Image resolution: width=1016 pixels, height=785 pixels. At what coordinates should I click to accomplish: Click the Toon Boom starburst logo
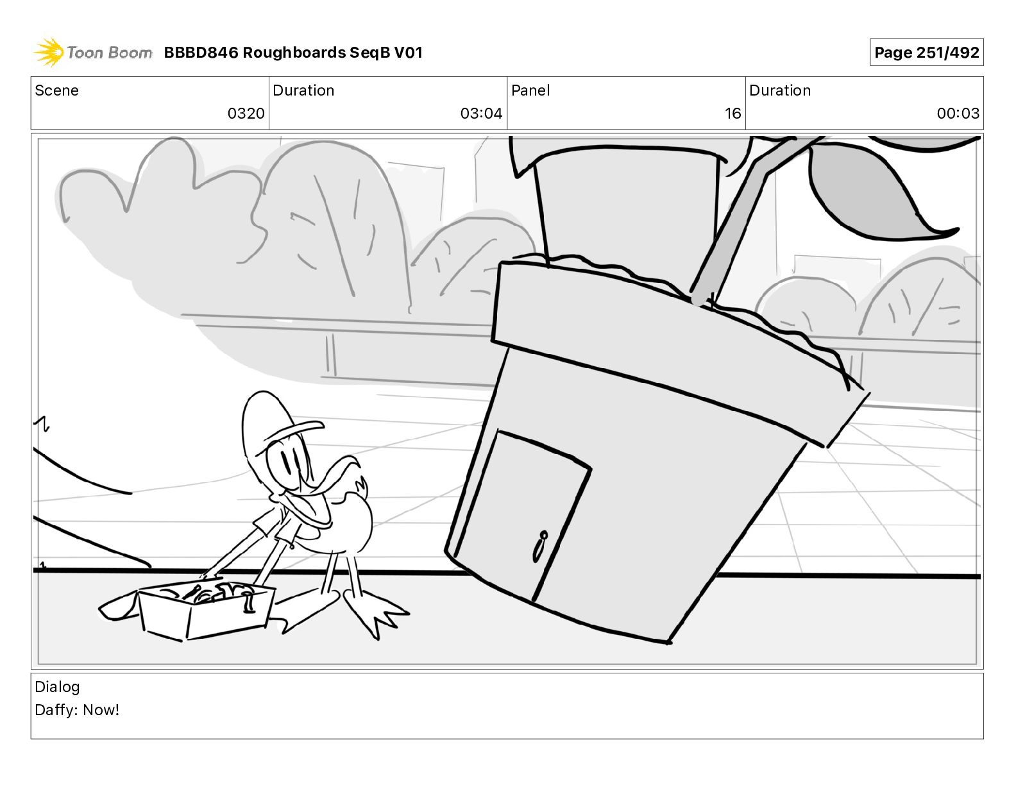tap(49, 52)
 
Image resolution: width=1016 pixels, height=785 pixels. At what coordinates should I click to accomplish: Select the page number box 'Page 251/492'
tap(926, 53)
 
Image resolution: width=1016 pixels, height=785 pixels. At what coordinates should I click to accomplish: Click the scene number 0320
tap(246, 114)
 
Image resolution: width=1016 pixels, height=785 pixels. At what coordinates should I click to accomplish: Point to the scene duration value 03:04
tap(481, 114)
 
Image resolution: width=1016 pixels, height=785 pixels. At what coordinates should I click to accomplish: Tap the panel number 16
tap(732, 114)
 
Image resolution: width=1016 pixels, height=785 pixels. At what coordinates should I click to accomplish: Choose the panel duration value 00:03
tap(958, 114)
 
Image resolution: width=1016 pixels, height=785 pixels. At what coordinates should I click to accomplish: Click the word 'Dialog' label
tap(57, 687)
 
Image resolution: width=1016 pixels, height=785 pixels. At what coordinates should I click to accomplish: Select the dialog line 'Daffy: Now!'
tap(77, 710)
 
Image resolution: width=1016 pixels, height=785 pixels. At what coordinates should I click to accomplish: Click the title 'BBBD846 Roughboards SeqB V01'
tap(293, 53)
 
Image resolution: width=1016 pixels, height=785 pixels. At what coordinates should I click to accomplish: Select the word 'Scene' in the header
tap(56, 90)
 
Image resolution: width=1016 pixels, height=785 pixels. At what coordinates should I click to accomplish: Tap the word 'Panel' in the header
tap(530, 90)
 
